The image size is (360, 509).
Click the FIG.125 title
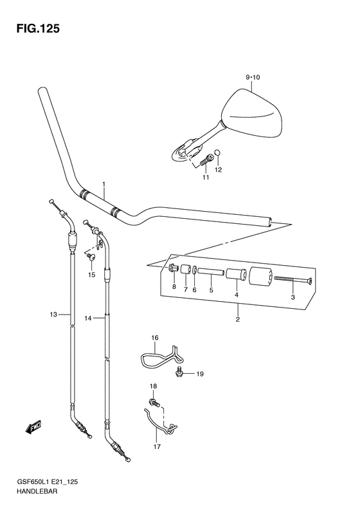coord(38,29)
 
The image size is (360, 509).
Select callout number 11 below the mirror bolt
coord(206,177)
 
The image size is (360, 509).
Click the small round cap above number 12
coord(219,153)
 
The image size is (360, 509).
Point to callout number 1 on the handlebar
coord(104,185)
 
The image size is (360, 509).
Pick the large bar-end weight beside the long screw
coord(260,276)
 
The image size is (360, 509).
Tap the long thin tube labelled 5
coord(211,272)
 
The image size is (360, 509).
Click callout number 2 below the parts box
coord(238,319)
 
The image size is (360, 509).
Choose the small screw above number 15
coord(91,257)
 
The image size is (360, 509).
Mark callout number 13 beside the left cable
coord(53,314)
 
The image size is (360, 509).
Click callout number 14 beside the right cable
coord(88,319)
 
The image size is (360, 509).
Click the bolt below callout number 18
coord(154,403)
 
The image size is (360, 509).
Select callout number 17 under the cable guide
coord(157,447)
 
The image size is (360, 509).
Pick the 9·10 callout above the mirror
coord(253,77)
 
